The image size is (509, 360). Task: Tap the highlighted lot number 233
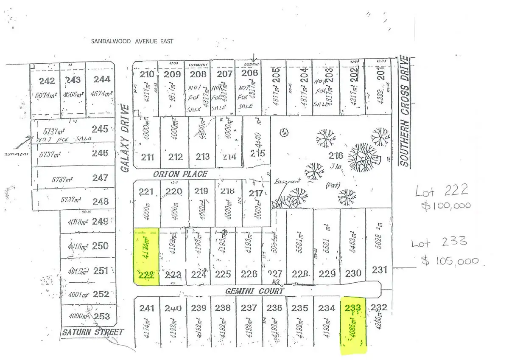(x=353, y=308)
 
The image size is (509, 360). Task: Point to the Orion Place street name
(x=180, y=174)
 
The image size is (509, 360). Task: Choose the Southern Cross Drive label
(x=405, y=111)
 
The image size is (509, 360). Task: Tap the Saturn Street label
(x=92, y=332)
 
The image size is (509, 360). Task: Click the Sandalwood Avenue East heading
(x=132, y=41)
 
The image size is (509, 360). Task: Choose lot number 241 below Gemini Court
(x=147, y=309)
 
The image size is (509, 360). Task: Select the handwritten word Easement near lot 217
(x=287, y=181)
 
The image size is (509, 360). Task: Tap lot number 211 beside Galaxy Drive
(x=147, y=157)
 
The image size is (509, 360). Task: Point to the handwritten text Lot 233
(x=439, y=243)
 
